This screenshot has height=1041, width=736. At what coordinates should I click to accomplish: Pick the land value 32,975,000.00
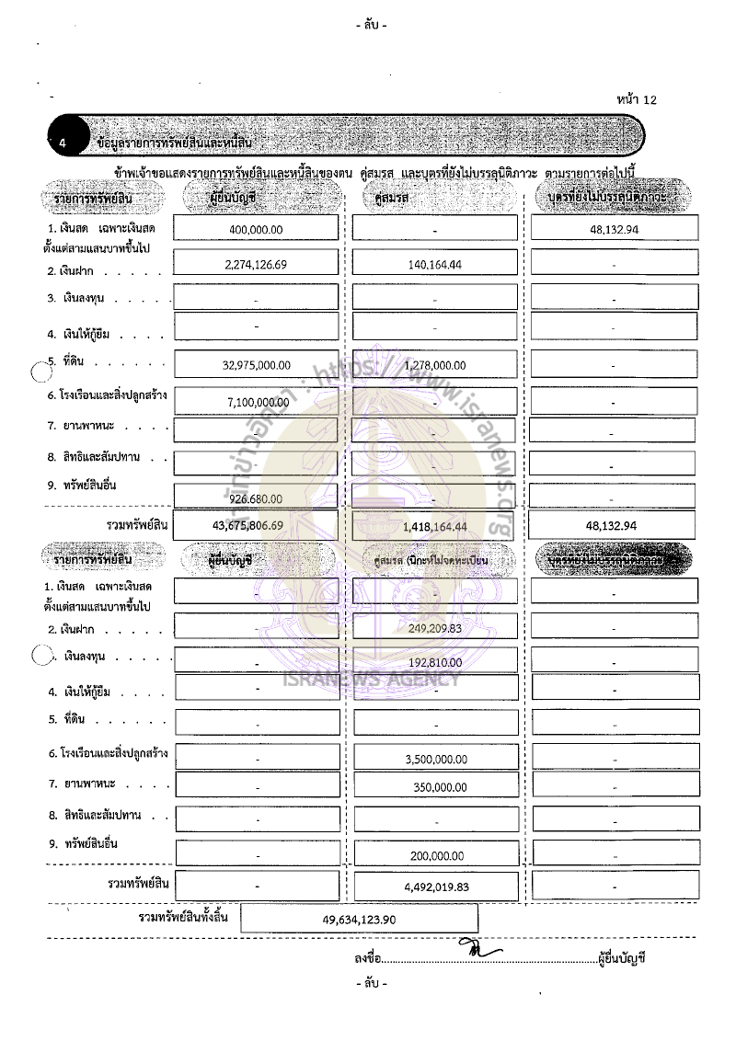[257, 365]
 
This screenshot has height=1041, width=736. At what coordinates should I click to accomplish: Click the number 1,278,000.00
[434, 365]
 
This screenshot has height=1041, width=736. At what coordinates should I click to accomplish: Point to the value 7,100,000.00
[257, 404]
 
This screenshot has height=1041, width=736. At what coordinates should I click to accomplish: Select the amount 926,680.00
[257, 498]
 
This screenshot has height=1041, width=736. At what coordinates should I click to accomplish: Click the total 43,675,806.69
[257, 526]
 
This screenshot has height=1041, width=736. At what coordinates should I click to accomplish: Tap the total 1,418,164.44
[435, 527]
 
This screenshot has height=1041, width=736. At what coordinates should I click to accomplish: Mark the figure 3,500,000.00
[436, 760]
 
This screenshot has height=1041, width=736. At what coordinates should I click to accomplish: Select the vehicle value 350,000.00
[436, 788]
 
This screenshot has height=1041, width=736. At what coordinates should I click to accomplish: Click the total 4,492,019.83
[436, 888]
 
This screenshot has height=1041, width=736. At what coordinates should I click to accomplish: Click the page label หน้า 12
[638, 98]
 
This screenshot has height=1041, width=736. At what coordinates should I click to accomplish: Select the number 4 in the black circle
[62, 143]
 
